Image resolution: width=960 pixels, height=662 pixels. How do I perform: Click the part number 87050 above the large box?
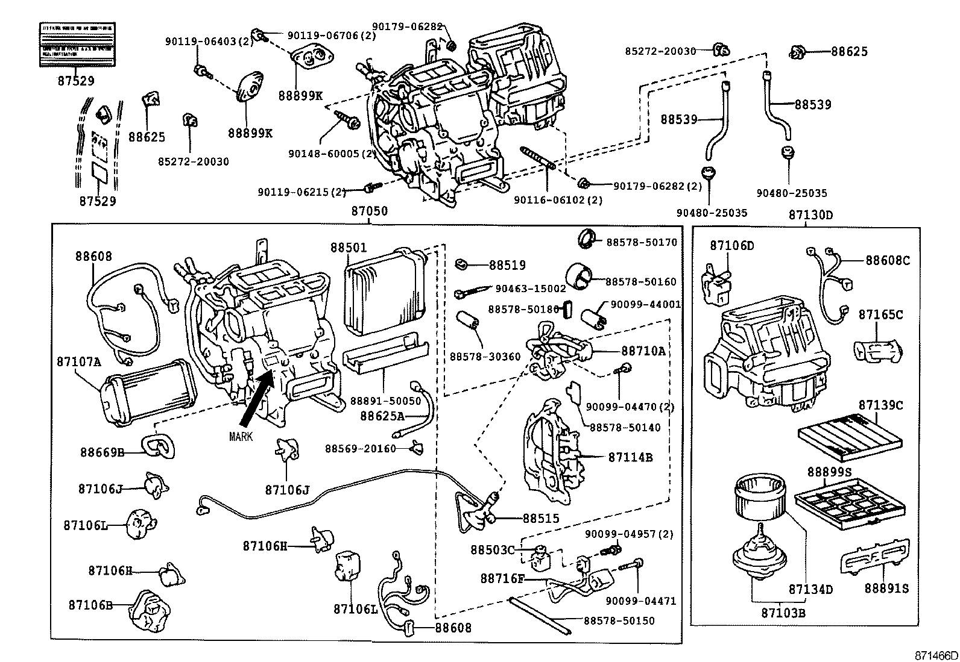tap(370, 211)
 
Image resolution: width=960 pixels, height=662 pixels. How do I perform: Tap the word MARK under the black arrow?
tap(241, 436)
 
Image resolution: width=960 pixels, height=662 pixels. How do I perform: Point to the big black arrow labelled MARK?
tap(256, 401)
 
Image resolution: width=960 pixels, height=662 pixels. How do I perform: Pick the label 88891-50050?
tap(386, 401)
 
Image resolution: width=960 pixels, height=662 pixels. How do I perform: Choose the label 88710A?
tap(643, 351)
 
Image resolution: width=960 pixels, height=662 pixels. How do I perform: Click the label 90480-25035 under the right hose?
tap(792, 193)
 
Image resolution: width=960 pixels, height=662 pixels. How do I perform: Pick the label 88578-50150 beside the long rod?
tap(619, 620)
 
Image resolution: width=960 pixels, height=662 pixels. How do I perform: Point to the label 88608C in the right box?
tap(888, 260)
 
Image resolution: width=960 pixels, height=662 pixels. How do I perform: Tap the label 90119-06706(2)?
tap(332, 36)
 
